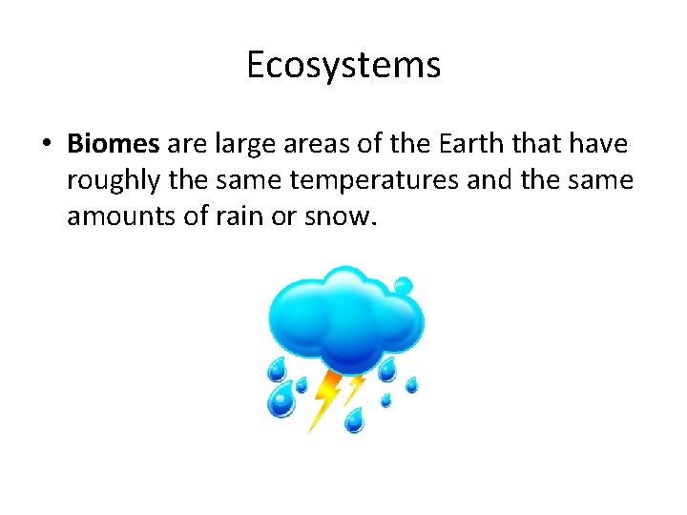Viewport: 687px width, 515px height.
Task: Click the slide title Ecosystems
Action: click(343, 65)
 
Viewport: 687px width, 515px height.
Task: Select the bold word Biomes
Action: click(113, 144)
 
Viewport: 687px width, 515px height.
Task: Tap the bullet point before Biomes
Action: click(45, 145)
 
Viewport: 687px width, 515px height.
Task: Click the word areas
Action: click(322, 144)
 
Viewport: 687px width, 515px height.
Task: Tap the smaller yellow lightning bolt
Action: click(354, 388)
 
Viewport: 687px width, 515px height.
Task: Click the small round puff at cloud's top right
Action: click(404, 285)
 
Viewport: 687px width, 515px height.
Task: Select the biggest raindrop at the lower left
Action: click(281, 399)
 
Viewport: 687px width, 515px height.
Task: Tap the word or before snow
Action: click(285, 217)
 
